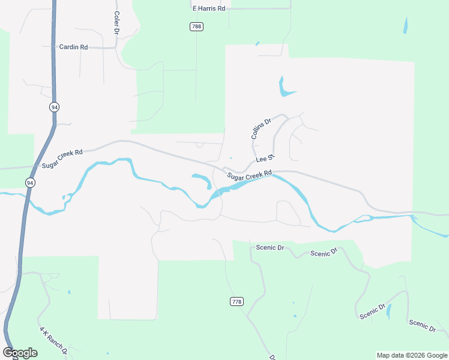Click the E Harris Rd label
coord(208,9)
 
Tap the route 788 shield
coord(196,26)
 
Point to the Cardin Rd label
coord(73,47)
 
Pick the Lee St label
coord(265,159)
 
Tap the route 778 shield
coord(237,301)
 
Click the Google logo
coord(20,353)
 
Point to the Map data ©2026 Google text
coord(412,355)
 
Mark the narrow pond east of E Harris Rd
coord(406,25)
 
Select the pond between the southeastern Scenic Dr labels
coord(389,311)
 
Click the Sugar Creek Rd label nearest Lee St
coord(249,175)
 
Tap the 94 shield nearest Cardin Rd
coord(55,107)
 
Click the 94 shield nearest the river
coord(30,182)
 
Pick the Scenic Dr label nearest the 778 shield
coord(269,247)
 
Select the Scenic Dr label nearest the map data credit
coord(423,326)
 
